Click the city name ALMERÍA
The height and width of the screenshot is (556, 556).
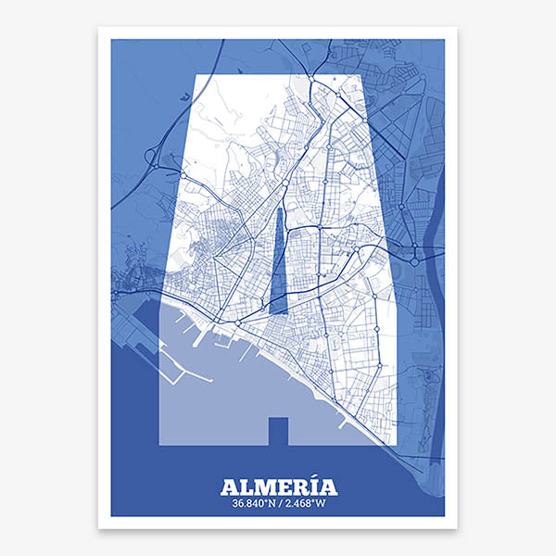tap(278, 486)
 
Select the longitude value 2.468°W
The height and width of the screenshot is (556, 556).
tap(306, 504)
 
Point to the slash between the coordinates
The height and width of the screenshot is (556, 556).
tap(281, 504)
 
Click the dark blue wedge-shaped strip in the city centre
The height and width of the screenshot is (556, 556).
tap(279, 264)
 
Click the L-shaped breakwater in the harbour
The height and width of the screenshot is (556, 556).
tap(167, 371)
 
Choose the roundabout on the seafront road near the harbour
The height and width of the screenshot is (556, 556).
tap(238, 322)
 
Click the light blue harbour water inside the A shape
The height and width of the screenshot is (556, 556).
tap(222, 389)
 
